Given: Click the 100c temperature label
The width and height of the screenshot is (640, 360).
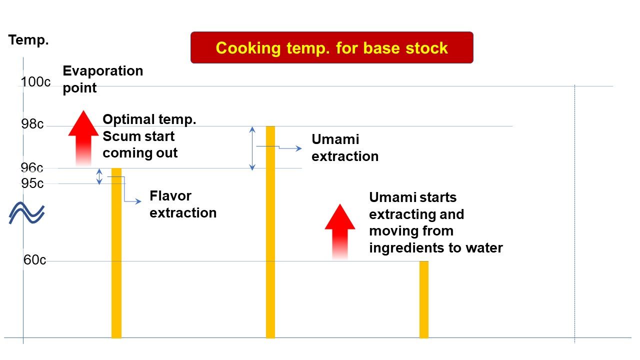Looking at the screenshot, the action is [35, 82].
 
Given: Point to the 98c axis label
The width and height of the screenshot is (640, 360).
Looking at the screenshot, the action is [32, 124].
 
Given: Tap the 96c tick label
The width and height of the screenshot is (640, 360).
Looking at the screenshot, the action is [32, 167].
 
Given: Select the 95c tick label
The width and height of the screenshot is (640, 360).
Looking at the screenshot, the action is [32, 183].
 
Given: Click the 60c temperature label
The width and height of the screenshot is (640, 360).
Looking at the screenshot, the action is [34, 260].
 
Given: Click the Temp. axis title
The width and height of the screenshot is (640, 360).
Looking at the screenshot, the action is [28, 39].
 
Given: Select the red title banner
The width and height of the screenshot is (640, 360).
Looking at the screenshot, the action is [331, 47].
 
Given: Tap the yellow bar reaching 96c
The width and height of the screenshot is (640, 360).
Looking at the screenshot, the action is [116, 253].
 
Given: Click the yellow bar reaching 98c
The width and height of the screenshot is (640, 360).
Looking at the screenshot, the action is [270, 232].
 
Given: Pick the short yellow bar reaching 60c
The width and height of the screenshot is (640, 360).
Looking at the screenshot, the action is [423, 299].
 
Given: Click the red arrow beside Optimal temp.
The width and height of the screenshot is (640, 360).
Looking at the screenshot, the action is [83, 138].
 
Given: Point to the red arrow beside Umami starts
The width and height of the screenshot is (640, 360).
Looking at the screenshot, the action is [339, 231].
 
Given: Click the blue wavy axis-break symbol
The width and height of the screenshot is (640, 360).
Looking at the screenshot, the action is [26, 213].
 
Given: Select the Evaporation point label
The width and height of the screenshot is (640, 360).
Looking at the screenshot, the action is [103, 79].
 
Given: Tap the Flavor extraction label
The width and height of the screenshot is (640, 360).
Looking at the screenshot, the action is [183, 204].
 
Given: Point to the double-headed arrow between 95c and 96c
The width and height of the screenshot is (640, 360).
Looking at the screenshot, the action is [99, 176].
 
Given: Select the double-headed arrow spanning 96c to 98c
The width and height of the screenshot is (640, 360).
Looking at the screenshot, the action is [252, 148].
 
